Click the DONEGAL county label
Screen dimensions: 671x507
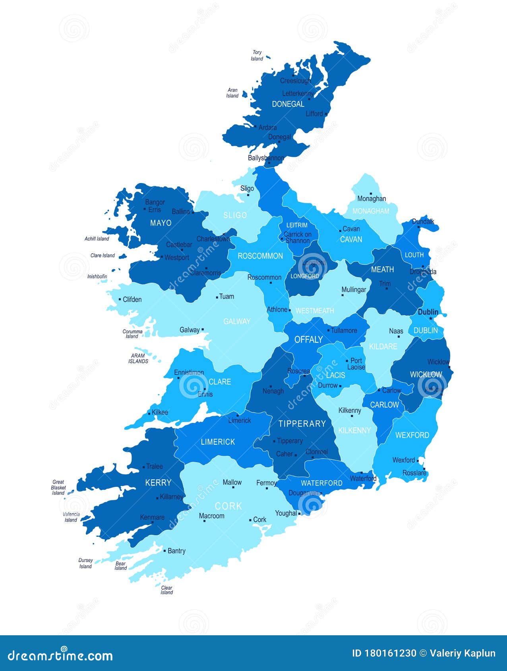coord(288,104)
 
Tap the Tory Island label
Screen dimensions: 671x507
coord(257,56)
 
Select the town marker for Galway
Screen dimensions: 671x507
coord(203,329)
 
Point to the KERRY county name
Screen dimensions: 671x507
coord(158,483)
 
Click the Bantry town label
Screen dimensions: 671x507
coord(176,551)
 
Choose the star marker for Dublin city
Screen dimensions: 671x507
coord(430,318)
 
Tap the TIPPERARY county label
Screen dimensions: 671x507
coord(302,424)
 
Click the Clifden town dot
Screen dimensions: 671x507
coord(120,299)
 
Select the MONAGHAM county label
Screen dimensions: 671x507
coord(371,211)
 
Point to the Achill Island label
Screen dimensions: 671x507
coord(97,239)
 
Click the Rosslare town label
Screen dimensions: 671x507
coord(414,473)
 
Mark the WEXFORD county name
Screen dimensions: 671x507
coord(412,435)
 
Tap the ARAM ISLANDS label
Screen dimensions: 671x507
coord(138,359)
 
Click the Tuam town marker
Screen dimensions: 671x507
coord(217,297)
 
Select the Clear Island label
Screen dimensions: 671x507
coord(167,590)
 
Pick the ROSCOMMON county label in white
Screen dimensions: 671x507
coord(260,256)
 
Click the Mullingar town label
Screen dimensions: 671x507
coord(354,290)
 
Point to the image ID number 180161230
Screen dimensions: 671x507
coord(390,653)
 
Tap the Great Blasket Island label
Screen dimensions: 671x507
coord(58,488)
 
